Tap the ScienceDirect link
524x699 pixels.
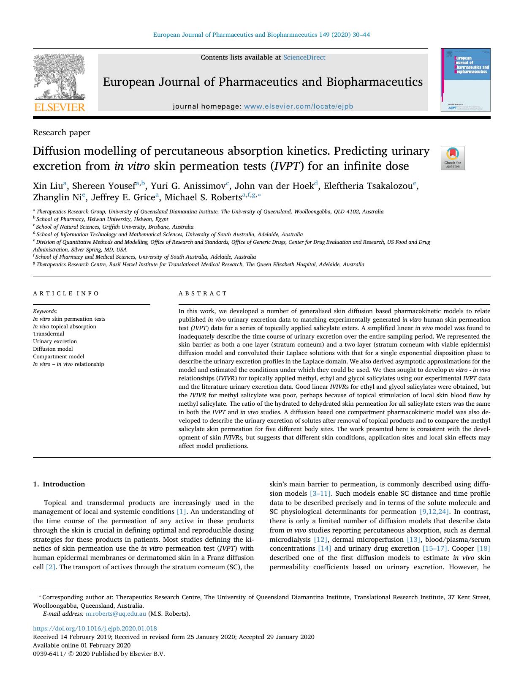pos(304,57)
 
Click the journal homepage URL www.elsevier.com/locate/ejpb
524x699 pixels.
pos(298,106)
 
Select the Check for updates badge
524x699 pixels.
pos(452,158)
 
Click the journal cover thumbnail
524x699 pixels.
pos(466,80)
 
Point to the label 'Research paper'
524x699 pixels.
pos(62,133)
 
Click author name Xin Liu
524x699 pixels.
pos(48,186)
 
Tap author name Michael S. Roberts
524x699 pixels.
pos(203,197)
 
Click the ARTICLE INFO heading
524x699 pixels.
pos(66,293)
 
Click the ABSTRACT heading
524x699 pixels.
pos(203,293)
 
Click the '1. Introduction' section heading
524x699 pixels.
pos(59,484)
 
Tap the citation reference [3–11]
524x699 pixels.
pos(320,494)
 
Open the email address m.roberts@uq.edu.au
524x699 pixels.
pos(116,614)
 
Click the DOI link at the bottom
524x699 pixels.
pos(95,628)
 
